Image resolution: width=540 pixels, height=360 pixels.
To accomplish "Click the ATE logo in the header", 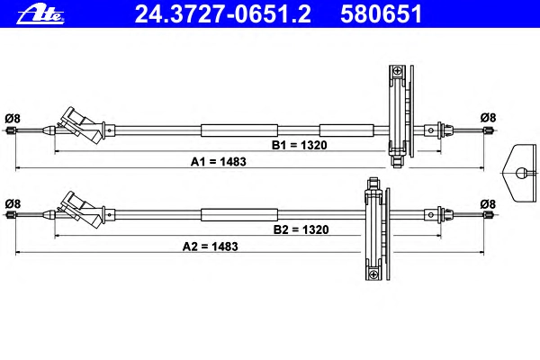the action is (x=40, y=14).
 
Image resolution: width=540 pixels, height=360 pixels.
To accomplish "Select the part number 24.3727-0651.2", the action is (x=223, y=14).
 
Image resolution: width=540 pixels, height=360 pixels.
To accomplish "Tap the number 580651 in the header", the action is (x=382, y=14).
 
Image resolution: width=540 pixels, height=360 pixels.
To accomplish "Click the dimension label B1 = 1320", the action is (x=300, y=145).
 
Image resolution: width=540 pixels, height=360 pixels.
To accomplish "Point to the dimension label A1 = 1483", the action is (x=219, y=162).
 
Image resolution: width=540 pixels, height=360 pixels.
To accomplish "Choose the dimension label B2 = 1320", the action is (x=301, y=229).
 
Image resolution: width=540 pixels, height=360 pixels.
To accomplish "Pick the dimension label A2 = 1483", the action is (x=210, y=247).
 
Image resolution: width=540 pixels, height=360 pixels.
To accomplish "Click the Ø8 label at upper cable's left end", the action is (x=13, y=119).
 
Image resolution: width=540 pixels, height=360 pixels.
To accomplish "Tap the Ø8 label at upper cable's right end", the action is (x=488, y=118).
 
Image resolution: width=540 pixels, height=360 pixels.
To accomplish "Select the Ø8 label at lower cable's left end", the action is (x=13, y=203).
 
